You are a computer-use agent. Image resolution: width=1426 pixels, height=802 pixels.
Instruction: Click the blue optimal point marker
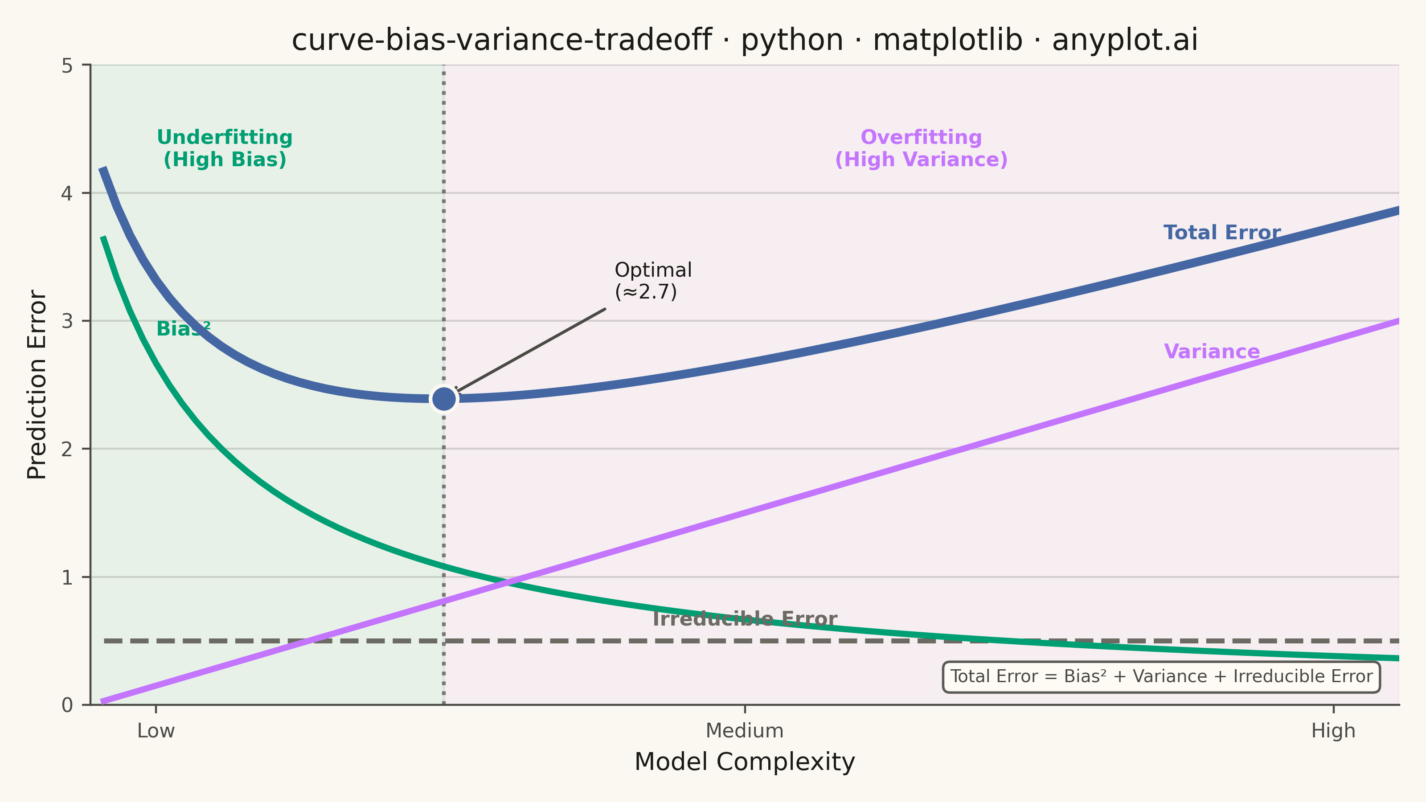click(x=444, y=398)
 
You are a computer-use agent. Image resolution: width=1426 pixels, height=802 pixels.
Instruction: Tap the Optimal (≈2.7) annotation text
click(x=653, y=281)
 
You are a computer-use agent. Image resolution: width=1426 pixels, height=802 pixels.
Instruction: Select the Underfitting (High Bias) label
click(x=225, y=148)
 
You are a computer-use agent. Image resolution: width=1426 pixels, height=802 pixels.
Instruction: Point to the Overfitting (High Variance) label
click(x=921, y=148)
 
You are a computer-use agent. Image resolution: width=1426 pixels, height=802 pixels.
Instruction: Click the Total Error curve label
click(x=1222, y=233)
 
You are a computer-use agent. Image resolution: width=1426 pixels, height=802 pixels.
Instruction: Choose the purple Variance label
click(x=1212, y=352)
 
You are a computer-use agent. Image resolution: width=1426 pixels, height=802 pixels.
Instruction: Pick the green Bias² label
click(x=183, y=329)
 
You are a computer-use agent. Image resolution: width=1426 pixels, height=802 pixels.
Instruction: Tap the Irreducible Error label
click(x=745, y=619)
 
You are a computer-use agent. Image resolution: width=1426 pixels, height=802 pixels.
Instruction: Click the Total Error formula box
click(x=1161, y=676)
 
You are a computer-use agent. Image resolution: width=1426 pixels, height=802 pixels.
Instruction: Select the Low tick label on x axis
click(x=156, y=731)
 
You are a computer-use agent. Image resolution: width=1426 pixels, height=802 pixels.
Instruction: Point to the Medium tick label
click(x=745, y=731)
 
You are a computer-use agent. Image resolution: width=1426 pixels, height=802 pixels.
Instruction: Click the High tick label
click(x=1333, y=731)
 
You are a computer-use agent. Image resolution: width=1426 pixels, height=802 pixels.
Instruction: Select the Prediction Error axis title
click(x=37, y=384)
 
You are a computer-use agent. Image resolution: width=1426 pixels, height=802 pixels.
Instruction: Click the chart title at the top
click(x=745, y=40)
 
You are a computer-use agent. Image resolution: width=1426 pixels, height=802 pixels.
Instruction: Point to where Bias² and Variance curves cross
click(x=510, y=582)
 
